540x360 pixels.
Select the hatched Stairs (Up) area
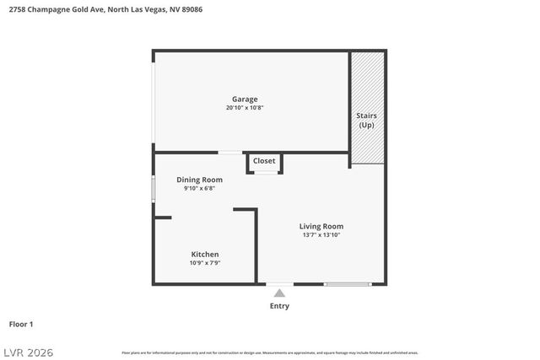pyautogui.click(x=367, y=108)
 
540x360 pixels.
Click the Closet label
pyautogui.click(x=264, y=160)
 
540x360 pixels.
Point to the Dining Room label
pyautogui.click(x=199, y=180)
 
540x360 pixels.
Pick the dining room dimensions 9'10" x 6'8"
pyautogui.click(x=199, y=189)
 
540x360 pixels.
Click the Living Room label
pyautogui.click(x=321, y=226)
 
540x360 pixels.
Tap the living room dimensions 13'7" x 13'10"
pyautogui.click(x=321, y=235)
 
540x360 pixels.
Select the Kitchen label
pyautogui.click(x=205, y=254)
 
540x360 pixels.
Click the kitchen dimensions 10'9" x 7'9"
pyautogui.click(x=205, y=263)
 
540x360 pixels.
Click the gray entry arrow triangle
pyautogui.click(x=279, y=293)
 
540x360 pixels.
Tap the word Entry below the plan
pyautogui.click(x=279, y=306)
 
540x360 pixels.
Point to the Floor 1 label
pyautogui.click(x=21, y=324)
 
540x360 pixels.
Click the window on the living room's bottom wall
pyautogui.click(x=348, y=284)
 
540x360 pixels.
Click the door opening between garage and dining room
pyautogui.click(x=229, y=153)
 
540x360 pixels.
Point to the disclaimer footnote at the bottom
pyautogui.click(x=270, y=352)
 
